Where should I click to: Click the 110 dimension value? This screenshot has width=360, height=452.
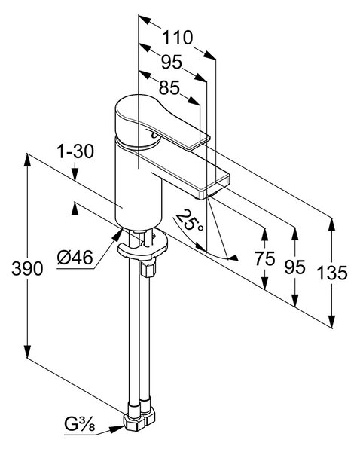[x=177, y=38]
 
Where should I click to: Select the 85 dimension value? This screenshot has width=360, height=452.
[x=169, y=87]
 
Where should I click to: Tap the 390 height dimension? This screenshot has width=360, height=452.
[x=27, y=269]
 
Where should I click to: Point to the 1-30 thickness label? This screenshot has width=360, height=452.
[x=76, y=151]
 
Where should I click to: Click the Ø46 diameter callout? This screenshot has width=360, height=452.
[x=75, y=257]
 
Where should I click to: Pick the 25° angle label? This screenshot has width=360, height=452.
[x=189, y=221]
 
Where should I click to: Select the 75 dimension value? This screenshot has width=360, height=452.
[x=265, y=258]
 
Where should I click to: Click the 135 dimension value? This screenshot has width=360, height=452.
[x=331, y=273]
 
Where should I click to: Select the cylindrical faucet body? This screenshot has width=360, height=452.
[x=139, y=185]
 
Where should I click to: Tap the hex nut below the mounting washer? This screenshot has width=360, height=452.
[x=148, y=267]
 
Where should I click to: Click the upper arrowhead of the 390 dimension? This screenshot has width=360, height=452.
[x=27, y=160]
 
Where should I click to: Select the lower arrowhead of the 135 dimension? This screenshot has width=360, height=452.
[x=332, y=322]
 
